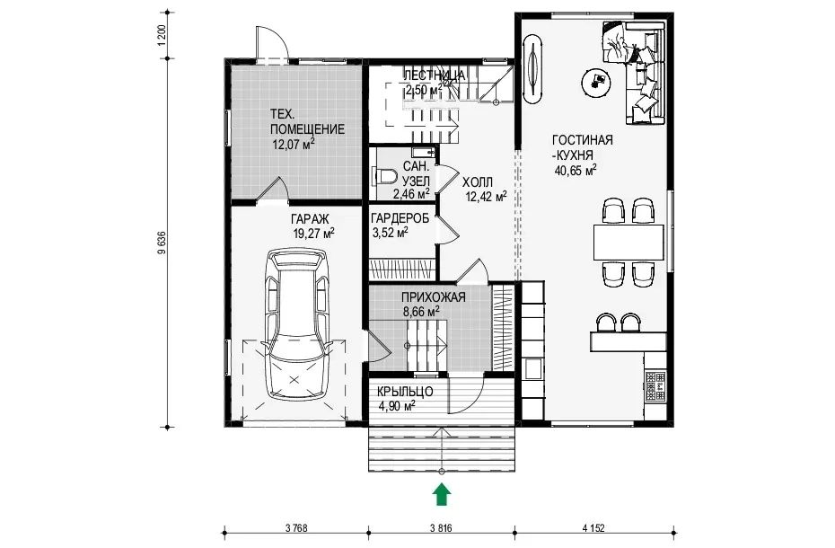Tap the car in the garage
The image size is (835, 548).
(296, 324)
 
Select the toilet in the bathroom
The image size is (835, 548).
(385, 176)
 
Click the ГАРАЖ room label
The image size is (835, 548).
(310, 219)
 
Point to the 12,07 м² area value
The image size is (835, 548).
(294, 144)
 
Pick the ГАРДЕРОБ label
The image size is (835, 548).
(400, 218)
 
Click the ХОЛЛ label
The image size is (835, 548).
(478, 181)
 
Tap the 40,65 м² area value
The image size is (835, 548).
(576, 171)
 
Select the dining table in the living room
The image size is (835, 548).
(628, 242)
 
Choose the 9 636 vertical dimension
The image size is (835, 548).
(163, 243)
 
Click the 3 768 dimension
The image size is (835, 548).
(296, 528)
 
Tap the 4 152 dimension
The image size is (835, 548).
(593, 528)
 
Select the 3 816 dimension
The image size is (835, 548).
(441, 528)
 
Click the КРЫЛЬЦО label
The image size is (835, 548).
(405, 392)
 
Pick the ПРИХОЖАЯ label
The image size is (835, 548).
(434, 297)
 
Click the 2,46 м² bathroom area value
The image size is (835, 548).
(411, 194)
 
